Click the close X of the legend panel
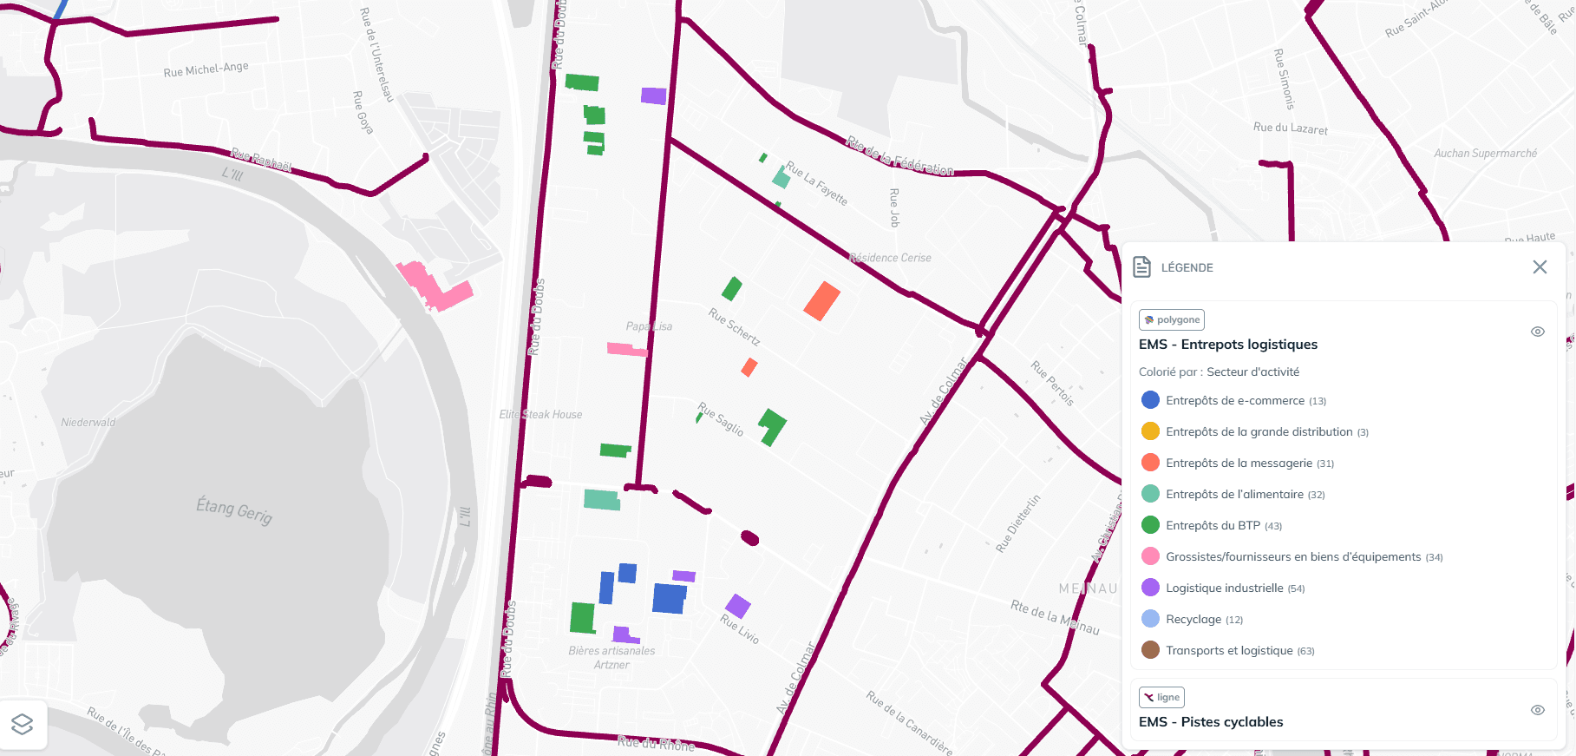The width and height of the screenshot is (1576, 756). pos(1540,267)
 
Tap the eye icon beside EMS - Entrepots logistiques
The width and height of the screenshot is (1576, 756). pos(1538,332)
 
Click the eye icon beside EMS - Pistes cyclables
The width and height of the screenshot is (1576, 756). pos(1538,710)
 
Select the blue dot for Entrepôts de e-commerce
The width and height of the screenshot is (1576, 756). pos(1150,400)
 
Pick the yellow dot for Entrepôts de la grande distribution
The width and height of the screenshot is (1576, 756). pos(1150,431)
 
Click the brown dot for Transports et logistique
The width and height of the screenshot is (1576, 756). pos(1150,650)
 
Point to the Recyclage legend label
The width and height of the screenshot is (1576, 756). pos(1193,620)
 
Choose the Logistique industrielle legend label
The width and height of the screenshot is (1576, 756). pos(1224,588)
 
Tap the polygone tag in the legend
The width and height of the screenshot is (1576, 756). pos(1172,319)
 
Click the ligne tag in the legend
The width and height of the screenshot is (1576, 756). pos(1161,697)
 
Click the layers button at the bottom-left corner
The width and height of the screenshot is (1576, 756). pos(23,724)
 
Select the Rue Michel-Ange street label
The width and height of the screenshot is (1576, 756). pos(206,69)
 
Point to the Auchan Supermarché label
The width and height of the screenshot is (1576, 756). pos(1485,154)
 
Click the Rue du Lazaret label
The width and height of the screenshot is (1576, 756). pos(1290,128)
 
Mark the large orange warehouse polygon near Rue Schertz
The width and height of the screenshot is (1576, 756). pos(821,301)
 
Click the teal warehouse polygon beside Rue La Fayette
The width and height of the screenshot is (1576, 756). pos(781,179)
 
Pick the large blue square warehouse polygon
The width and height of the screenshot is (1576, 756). pos(669,599)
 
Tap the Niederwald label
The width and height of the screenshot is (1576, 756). pos(88,423)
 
